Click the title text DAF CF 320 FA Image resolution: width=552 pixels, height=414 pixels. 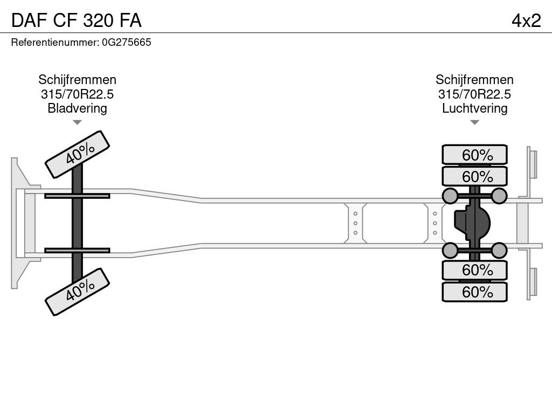click(x=76, y=20)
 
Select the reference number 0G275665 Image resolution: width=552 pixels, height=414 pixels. click(x=126, y=43)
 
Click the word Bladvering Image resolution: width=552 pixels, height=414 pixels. click(x=77, y=108)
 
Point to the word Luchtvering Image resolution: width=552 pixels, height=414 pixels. click(x=474, y=108)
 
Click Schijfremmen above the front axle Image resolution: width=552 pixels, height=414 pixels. click(x=77, y=80)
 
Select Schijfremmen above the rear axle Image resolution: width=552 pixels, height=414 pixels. click(x=474, y=80)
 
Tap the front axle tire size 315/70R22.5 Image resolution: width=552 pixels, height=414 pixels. click(x=77, y=94)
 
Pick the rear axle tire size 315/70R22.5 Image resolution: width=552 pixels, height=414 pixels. click(x=474, y=94)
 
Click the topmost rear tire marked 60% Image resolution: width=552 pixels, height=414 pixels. click(x=475, y=155)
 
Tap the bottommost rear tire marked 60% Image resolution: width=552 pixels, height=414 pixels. click(x=475, y=292)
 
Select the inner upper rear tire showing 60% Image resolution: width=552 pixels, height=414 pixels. click(x=475, y=176)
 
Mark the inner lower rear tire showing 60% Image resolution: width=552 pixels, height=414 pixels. click(x=475, y=270)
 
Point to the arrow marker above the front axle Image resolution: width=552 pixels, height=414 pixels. click(x=77, y=122)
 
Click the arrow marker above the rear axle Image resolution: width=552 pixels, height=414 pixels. click(x=474, y=122)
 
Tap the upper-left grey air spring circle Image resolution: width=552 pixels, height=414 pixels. click(x=450, y=195)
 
